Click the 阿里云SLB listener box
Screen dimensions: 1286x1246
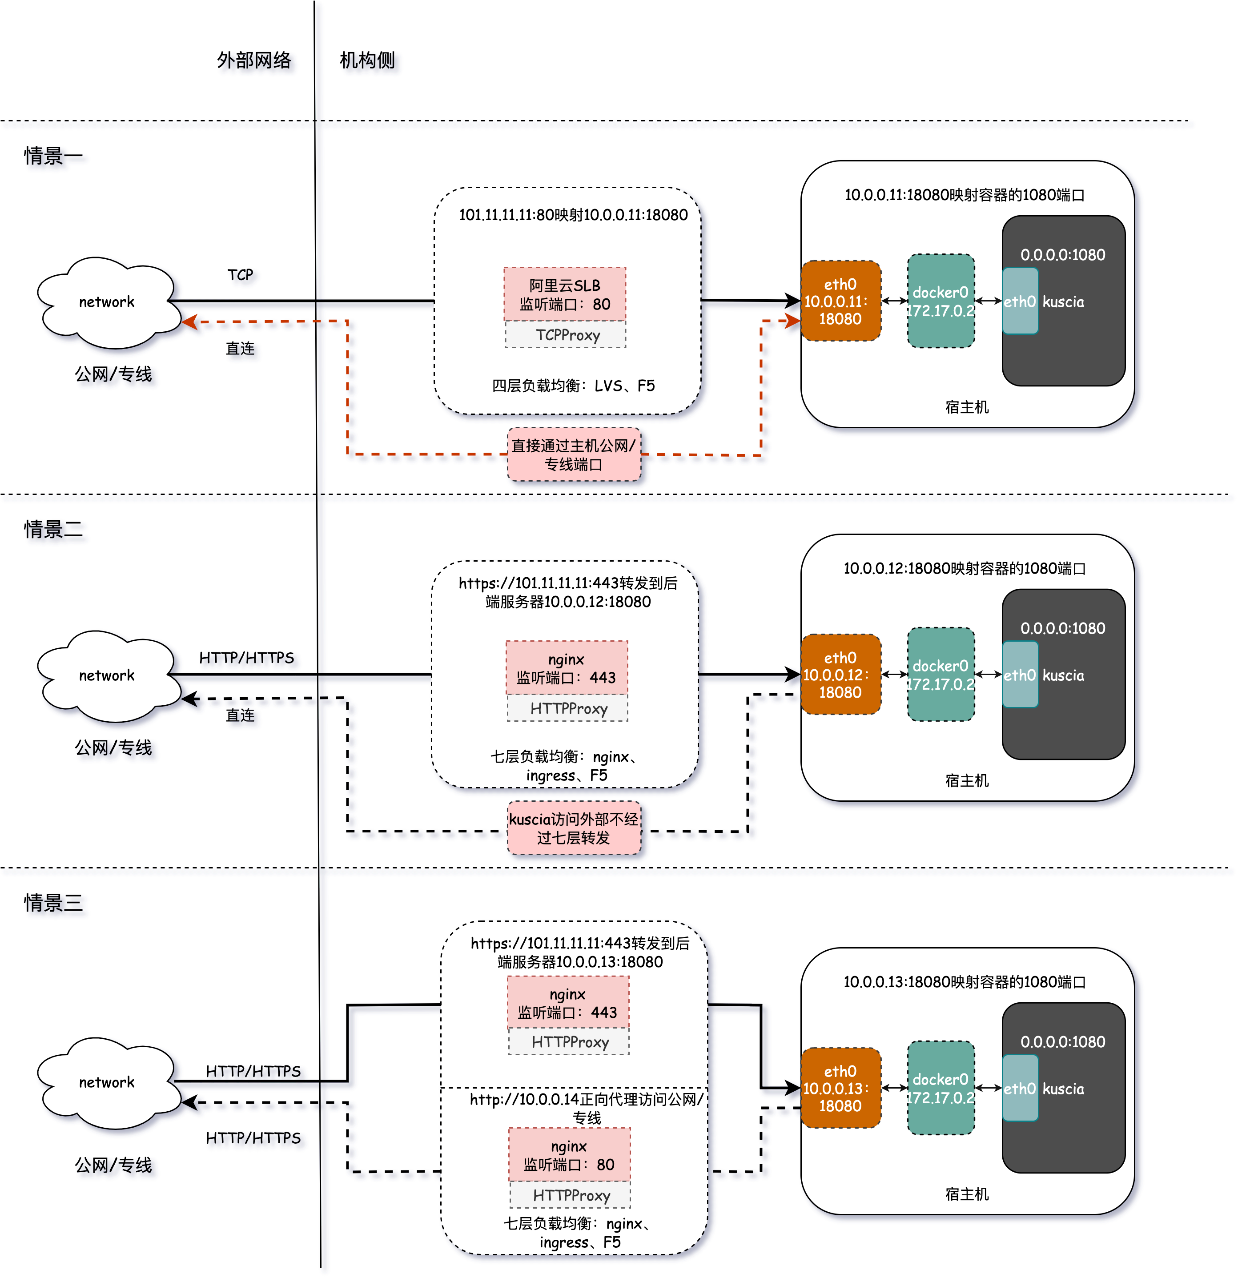point(564,295)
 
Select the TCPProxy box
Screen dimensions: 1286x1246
point(566,335)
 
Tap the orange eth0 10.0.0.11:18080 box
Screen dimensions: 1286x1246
point(840,301)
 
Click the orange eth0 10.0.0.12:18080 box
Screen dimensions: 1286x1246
point(840,675)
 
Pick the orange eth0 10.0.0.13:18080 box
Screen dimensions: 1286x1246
point(840,1088)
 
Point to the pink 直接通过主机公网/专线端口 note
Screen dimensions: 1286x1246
point(574,455)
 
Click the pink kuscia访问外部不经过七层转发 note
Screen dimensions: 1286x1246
point(574,828)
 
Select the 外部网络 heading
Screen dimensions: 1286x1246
point(254,60)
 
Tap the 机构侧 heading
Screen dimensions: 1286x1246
point(367,60)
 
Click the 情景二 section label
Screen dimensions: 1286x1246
point(53,529)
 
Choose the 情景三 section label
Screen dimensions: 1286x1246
point(53,903)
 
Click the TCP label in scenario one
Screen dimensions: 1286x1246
point(240,275)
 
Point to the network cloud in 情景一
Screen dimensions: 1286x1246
point(107,302)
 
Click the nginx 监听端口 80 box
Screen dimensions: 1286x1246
point(569,1155)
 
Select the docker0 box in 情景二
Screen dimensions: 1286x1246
point(940,675)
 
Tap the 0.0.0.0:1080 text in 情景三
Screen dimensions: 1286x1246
point(1062,1041)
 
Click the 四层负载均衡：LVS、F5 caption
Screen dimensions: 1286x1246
point(573,386)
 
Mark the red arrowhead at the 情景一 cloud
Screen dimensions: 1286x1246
point(189,322)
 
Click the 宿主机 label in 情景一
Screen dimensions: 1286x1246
point(966,407)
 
